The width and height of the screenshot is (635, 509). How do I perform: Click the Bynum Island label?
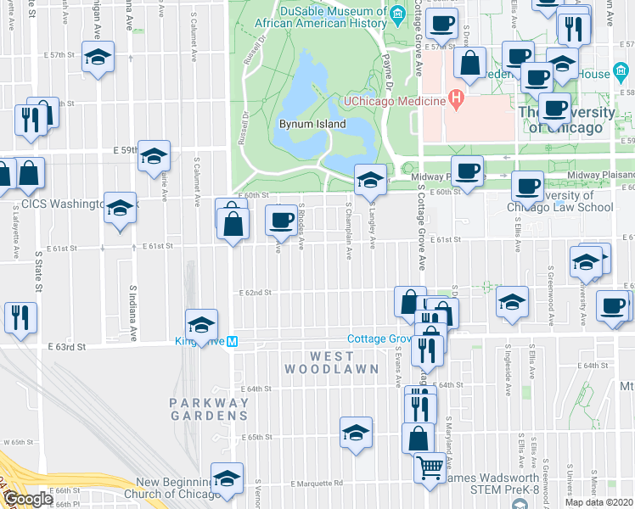point(312,124)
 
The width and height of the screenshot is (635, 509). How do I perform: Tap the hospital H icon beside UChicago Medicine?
point(456,100)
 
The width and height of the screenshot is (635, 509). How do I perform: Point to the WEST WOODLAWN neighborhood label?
point(319,362)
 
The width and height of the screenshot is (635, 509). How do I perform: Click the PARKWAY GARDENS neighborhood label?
point(208,409)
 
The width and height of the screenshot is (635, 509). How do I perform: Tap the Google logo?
point(27,499)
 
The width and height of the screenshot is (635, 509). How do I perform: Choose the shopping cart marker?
point(430,466)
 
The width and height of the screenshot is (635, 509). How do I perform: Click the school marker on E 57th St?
point(98,57)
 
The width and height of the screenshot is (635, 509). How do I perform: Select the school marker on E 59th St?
point(154,155)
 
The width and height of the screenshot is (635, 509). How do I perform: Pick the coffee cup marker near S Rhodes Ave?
point(280,221)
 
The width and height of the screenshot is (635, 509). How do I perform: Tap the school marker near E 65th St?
point(356,432)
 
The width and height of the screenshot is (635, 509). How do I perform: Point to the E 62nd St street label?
point(255,292)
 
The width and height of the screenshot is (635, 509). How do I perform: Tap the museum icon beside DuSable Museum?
point(396,14)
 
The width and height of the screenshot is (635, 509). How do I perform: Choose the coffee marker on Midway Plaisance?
point(466,171)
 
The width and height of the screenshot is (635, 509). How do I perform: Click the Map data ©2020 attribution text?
point(598,502)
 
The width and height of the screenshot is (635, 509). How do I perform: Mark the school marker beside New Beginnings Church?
point(227,478)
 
